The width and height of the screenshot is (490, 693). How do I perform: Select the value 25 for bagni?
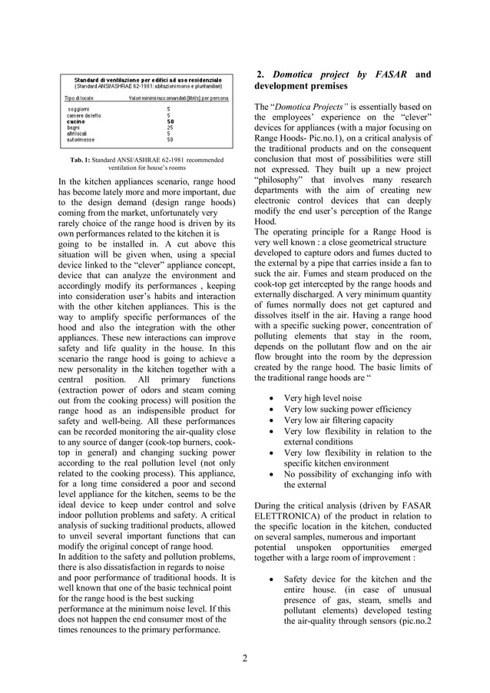tap(170, 128)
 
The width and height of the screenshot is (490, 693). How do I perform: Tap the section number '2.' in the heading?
tap(261, 75)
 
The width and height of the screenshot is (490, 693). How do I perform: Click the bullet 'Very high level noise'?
tap(323, 398)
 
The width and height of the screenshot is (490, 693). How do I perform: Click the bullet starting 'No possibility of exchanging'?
tap(357, 474)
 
